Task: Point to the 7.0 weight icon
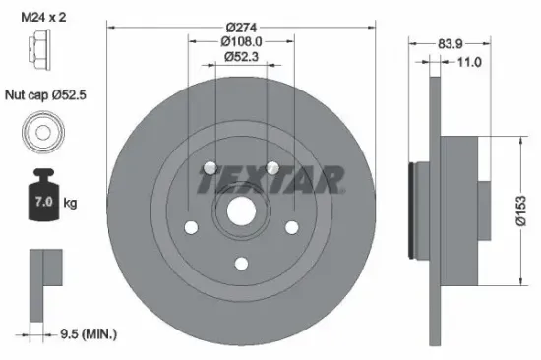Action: (42, 201)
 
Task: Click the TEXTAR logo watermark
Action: (271, 181)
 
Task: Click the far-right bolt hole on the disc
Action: (291, 226)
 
